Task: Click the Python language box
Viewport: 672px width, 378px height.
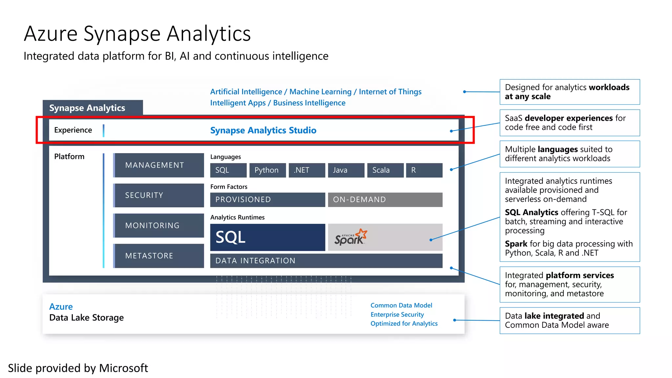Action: (x=267, y=170)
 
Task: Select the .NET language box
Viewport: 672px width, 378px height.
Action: (x=307, y=170)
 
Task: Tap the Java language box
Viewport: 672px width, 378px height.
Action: (x=346, y=170)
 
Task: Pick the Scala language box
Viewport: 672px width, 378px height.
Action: (x=385, y=170)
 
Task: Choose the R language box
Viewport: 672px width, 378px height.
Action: (x=424, y=170)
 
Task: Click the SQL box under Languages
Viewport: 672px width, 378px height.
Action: (x=228, y=170)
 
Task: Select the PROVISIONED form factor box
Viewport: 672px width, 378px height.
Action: (x=267, y=199)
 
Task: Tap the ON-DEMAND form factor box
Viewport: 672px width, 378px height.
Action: (x=385, y=199)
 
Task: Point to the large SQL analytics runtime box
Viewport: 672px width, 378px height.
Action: (x=267, y=237)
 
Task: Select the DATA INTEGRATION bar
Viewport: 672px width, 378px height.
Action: (x=326, y=261)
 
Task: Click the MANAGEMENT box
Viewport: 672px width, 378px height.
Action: (x=159, y=165)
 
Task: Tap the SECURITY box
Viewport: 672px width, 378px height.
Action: (x=159, y=195)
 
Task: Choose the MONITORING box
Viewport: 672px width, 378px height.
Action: (x=159, y=225)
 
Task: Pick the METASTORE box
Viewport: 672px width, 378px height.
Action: (x=159, y=256)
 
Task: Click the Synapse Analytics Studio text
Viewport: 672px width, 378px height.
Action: (x=263, y=130)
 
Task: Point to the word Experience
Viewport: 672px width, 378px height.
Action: (x=73, y=130)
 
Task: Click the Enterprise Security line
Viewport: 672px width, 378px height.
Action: (x=397, y=314)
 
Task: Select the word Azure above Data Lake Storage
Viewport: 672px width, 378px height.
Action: (x=61, y=306)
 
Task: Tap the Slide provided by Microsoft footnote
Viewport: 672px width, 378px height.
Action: (x=78, y=368)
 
